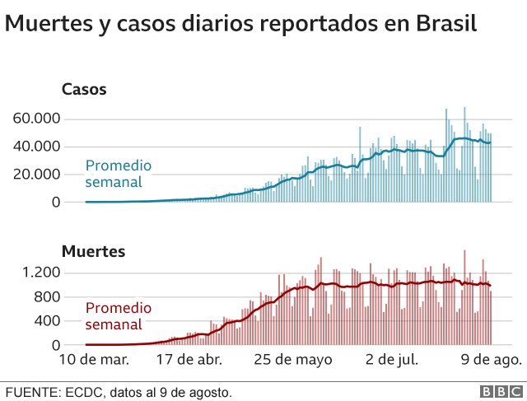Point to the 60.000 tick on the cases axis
point(37,119)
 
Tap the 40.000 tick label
point(37,147)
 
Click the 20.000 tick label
point(37,175)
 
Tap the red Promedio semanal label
point(119,317)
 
